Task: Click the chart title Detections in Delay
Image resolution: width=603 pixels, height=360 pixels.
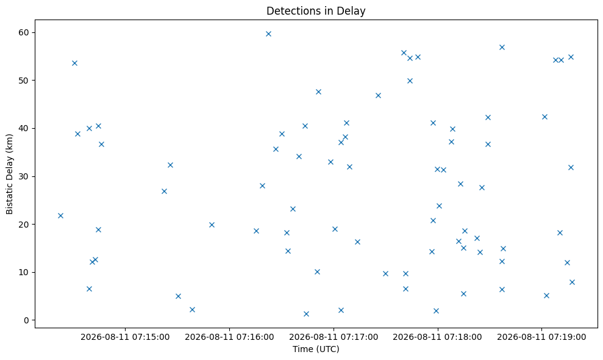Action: coord(316,11)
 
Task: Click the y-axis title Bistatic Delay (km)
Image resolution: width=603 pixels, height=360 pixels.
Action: coord(9,174)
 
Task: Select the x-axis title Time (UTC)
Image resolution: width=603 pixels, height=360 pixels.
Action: coord(316,349)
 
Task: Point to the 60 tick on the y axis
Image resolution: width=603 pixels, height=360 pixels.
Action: coord(24,32)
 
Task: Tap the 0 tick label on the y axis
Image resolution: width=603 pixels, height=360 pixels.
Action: coord(27,320)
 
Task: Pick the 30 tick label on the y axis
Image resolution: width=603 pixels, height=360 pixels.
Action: coord(24,176)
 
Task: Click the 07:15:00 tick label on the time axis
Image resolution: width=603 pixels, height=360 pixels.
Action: coord(125,337)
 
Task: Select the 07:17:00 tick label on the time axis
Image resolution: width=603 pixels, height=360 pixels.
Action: coord(334,337)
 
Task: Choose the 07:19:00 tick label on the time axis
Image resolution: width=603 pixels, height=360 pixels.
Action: coord(541,337)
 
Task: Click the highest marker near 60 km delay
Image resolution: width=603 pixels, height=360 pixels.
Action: coord(268,34)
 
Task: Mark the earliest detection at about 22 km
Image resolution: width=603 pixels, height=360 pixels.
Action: coord(60,215)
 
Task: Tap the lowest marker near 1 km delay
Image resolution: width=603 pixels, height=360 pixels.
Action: coord(306,314)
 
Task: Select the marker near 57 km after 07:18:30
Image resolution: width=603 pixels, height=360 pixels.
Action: coord(502,48)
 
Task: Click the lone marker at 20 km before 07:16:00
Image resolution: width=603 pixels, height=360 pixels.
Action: coord(212,225)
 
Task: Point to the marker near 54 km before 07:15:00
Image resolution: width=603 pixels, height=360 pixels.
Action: coord(74,63)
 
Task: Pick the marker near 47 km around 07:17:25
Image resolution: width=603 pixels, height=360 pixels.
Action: coord(378,95)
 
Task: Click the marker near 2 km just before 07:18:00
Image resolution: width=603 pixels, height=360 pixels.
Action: coord(436,311)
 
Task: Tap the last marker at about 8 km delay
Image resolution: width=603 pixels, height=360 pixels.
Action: coord(572,283)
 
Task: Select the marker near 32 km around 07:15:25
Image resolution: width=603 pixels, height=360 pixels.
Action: coord(170,165)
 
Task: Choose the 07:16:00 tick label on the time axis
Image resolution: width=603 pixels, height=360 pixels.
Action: coord(229,337)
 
